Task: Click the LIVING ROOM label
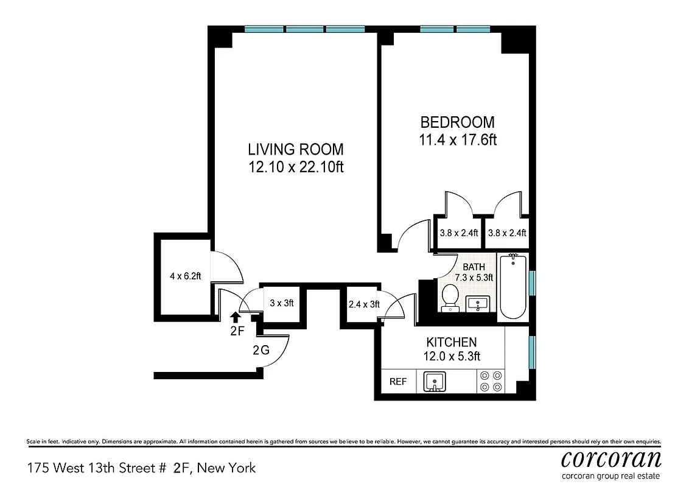coord(295,149)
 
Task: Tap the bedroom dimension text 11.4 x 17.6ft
coord(458,140)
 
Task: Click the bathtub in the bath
coord(512,287)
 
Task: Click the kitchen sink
coord(435,382)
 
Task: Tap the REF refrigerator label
coord(398,382)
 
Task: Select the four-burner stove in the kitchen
coord(490,381)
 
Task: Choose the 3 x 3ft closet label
coord(282,303)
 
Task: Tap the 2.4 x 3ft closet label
coord(363,304)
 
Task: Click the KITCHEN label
coord(451,342)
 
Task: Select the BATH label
coord(474,267)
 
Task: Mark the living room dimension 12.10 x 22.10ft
coord(296,167)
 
